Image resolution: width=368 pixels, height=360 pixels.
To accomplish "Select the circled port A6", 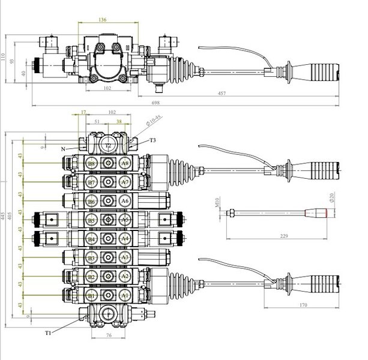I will pyautogui.click(x=124, y=201).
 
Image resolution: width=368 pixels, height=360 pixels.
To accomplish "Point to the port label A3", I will pyautogui.click(x=124, y=257).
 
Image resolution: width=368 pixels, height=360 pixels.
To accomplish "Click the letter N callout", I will pyautogui.click(x=63, y=148).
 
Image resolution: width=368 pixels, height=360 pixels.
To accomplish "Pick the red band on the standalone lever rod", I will pyautogui.click(x=324, y=213).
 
